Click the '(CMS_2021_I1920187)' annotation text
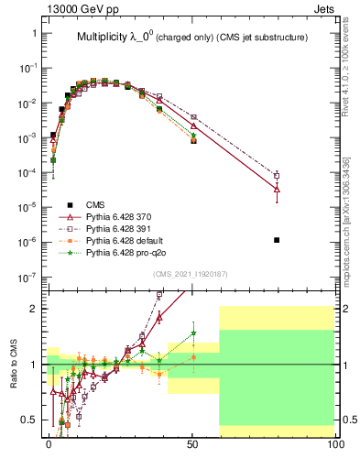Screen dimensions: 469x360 [x=191, y=274]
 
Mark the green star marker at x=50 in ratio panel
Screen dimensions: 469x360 [x=193, y=333]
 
